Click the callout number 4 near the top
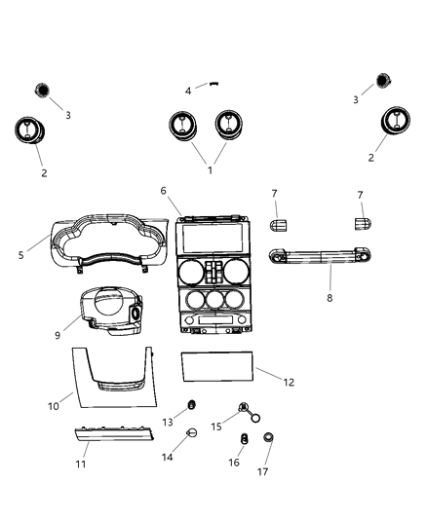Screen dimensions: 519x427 (x=188, y=91)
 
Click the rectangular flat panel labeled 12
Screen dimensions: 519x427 (x=217, y=369)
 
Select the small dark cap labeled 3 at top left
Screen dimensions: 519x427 (x=43, y=90)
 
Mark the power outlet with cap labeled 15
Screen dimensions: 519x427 (x=243, y=410)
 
